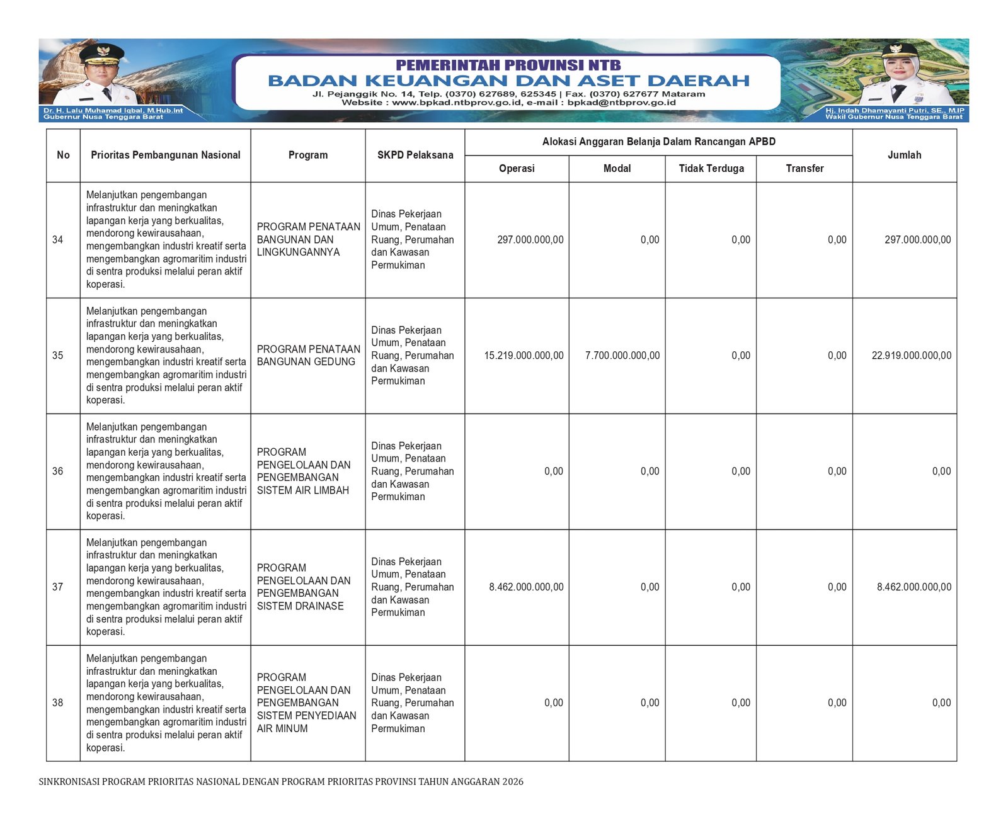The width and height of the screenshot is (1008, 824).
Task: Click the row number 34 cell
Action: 58,240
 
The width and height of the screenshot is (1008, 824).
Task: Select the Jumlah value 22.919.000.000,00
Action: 911,356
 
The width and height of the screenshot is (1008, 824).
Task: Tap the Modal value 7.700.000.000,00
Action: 622,356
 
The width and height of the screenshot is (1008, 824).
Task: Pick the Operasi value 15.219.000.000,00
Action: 524,356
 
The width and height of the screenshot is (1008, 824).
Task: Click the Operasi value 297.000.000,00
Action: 530,240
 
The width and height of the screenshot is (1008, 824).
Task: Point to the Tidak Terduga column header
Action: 711,169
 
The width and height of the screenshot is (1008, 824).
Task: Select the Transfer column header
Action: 805,169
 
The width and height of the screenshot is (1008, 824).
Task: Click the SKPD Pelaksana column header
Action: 415,155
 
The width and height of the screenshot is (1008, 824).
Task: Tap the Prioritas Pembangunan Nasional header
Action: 166,155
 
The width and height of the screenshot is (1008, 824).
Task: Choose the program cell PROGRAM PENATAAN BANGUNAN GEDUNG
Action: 308,356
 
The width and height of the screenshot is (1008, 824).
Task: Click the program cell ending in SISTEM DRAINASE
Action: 304,587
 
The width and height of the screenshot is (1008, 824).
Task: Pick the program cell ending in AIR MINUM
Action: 306,703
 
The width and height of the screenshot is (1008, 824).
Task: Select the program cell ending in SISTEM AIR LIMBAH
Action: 304,471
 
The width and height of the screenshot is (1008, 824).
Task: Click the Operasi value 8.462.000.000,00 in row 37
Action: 526,587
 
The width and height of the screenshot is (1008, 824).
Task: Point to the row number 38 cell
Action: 58,703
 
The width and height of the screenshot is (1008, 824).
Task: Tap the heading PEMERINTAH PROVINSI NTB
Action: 508,65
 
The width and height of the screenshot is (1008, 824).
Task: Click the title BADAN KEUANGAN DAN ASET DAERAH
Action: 508,81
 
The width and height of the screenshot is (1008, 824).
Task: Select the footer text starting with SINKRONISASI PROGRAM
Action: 281,782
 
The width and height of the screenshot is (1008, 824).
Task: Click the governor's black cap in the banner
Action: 102,52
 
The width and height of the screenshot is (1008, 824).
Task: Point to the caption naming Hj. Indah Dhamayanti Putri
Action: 894,111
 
